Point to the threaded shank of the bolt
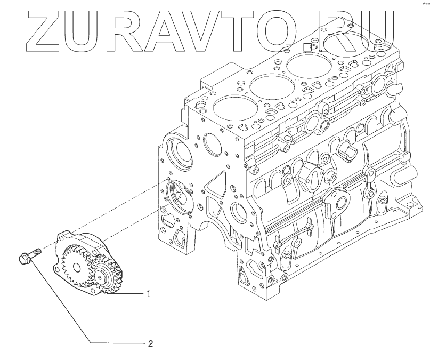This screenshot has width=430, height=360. coord(36,251)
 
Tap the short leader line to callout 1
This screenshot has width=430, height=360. coord(134,294)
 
